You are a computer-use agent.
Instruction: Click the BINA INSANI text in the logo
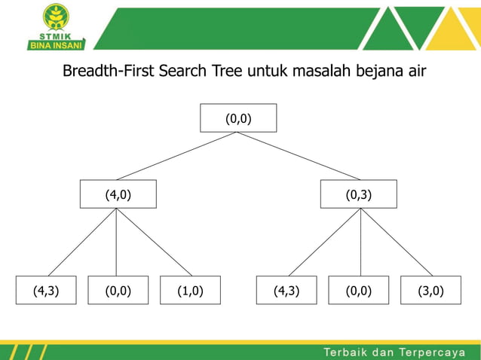pos(56,44)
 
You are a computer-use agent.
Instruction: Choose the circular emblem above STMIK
pos(56,17)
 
